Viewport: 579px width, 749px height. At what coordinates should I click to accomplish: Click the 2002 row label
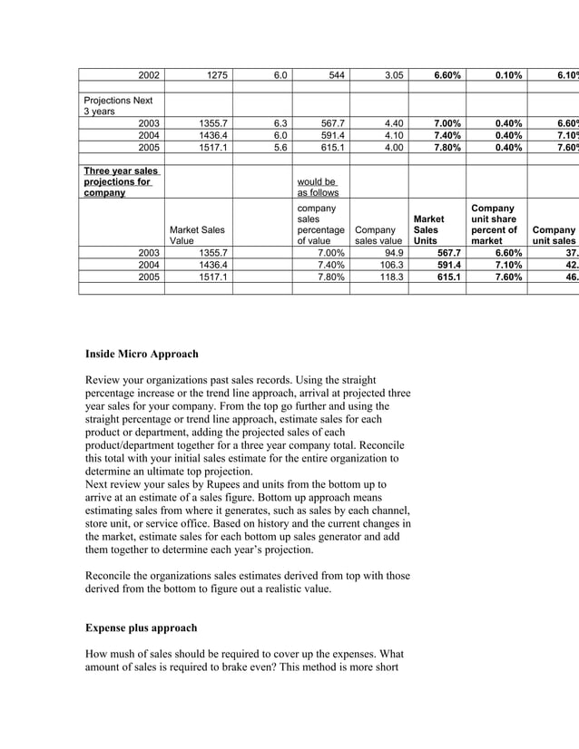click(149, 75)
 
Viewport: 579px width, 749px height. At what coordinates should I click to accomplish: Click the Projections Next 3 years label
click(118, 105)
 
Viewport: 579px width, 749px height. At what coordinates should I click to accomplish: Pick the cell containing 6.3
click(280, 122)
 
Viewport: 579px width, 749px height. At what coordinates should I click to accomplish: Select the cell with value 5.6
click(280, 147)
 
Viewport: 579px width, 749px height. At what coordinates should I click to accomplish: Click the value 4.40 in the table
click(393, 122)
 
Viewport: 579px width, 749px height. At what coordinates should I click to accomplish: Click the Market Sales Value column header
click(198, 236)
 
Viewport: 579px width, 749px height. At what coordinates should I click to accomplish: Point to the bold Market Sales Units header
click(430, 229)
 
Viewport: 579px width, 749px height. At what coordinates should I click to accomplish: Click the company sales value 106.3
click(392, 265)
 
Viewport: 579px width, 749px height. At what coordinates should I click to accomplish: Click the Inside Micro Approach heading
click(142, 354)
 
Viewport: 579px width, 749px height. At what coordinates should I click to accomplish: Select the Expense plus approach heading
click(141, 627)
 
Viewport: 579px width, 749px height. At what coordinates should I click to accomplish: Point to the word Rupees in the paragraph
click(240, 485)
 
